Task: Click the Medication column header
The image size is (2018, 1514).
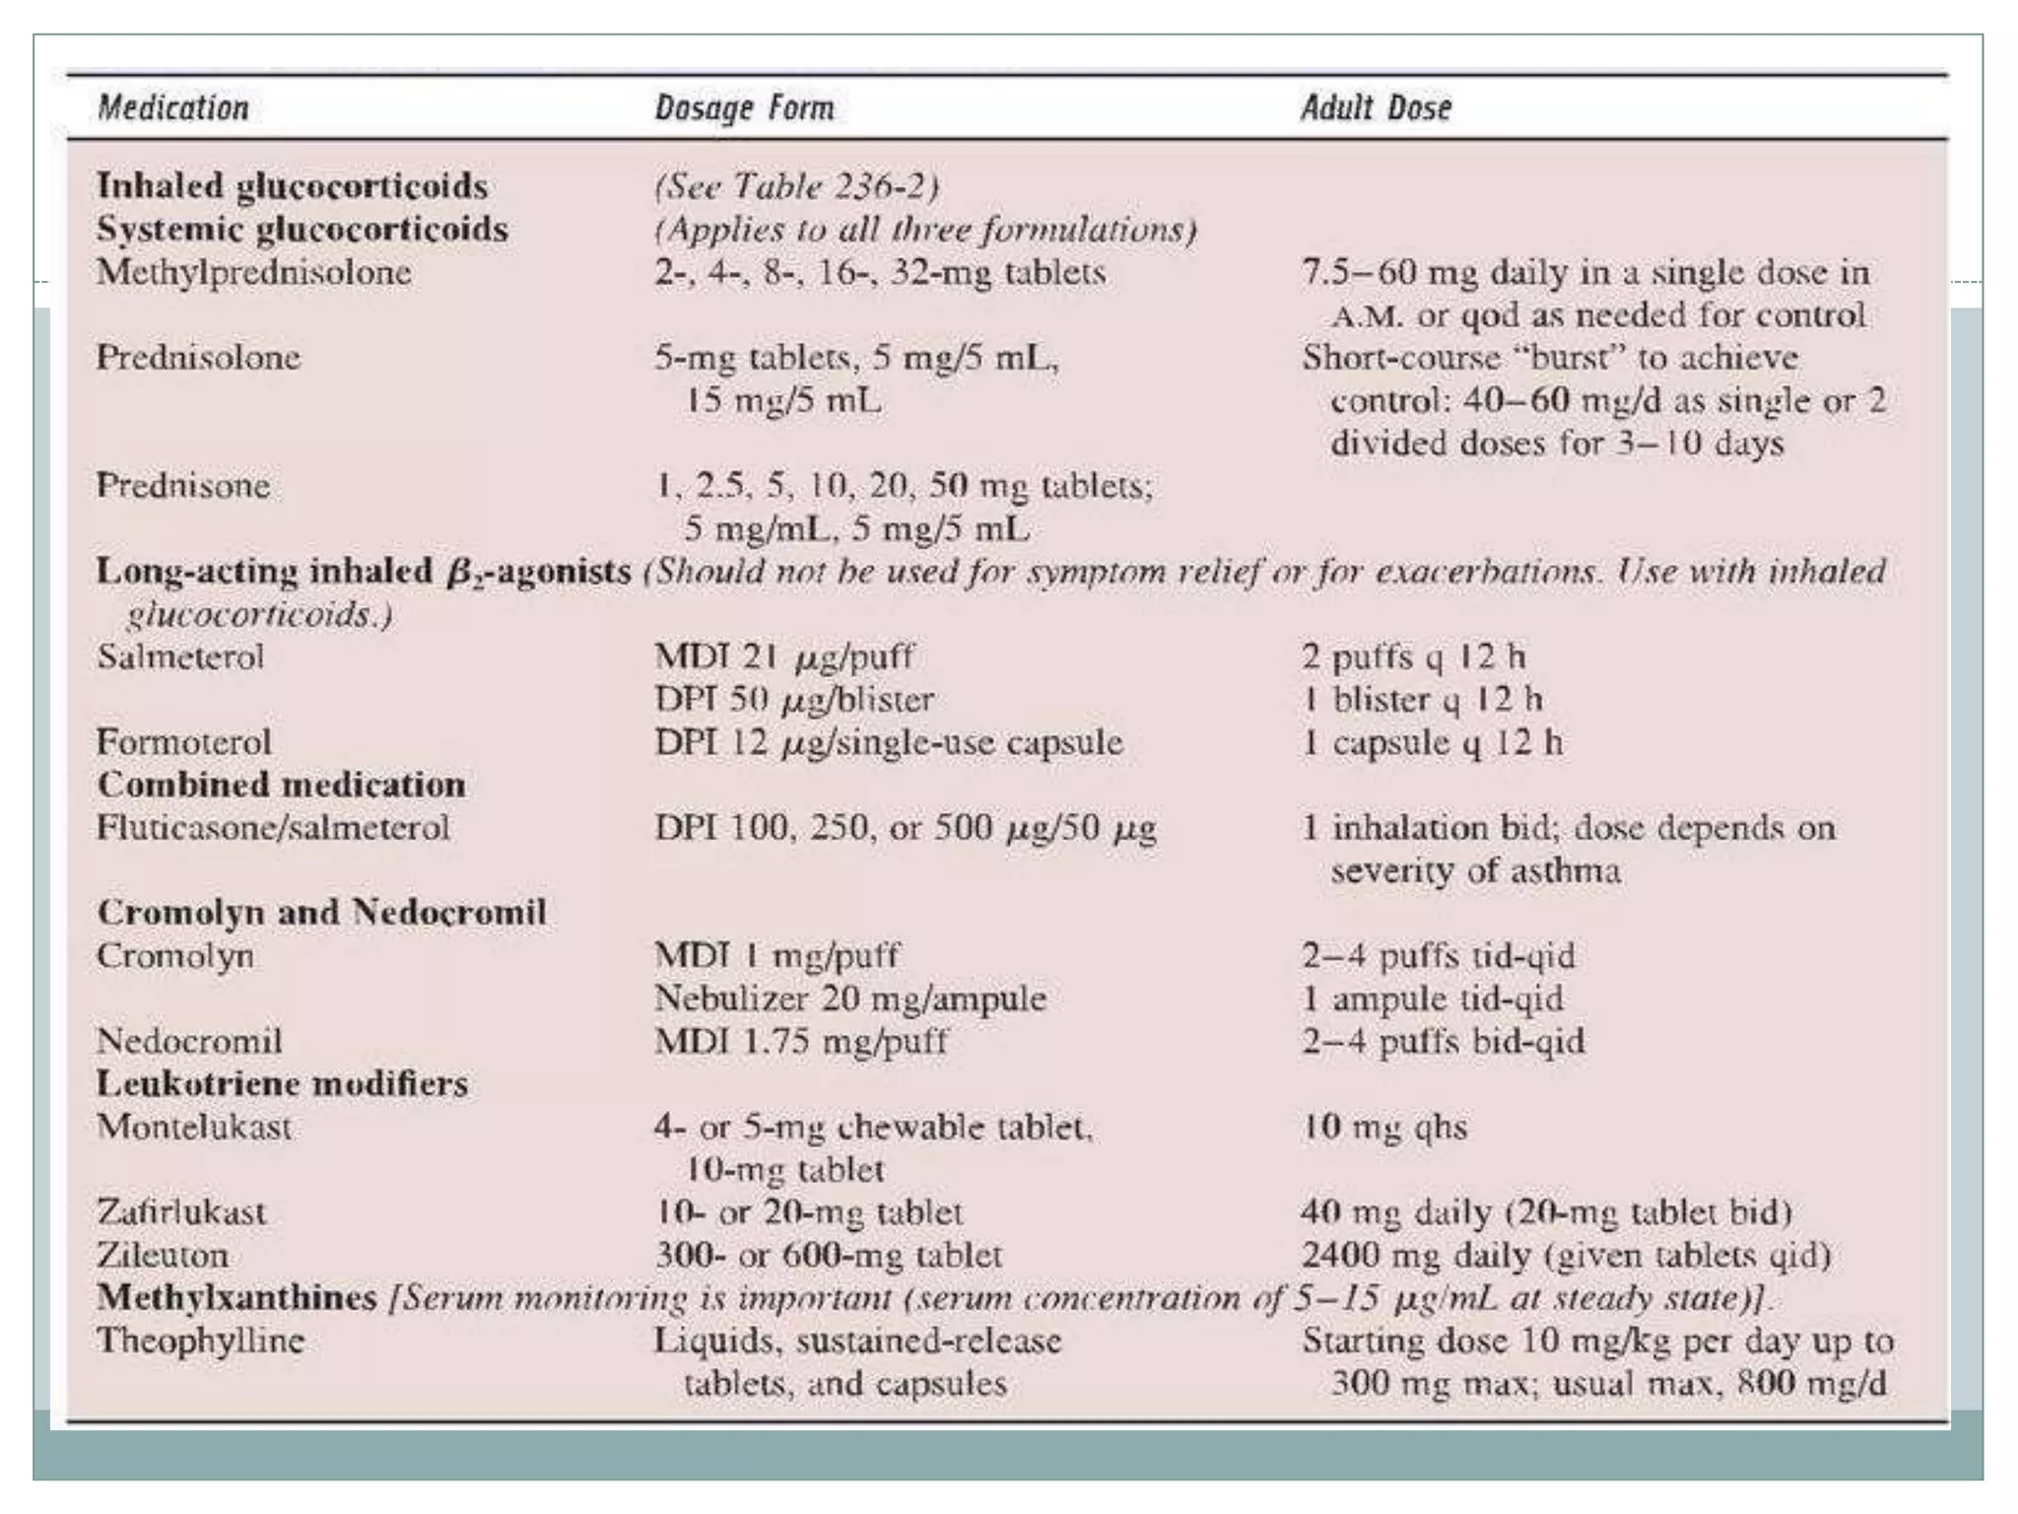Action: pyautogui.click(x=173, y=107)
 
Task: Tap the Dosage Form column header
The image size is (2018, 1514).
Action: pyautogui.click(x=744, y=107)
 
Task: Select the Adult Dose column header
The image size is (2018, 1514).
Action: pyautogui.click(x=1376, y=107)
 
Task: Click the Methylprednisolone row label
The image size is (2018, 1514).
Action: pyautogui.click(x=253, y=272)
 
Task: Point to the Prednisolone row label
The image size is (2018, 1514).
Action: pyautogui.click(x=198, y=357)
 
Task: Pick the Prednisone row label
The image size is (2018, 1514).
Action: pyautogui.click(x=183, y=485)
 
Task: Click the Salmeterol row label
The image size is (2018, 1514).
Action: pyautogui.click(x=180, y=656)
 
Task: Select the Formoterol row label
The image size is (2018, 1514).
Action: pyautogui.click(x=184, y=742)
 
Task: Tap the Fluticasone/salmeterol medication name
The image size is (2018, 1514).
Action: pyautogui.click(x=273, y=827)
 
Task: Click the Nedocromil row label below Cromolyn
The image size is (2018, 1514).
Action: pyautogui.click(x=189, y=1041)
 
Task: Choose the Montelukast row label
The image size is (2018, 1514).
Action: pyautogui.click(x=194, y=1127)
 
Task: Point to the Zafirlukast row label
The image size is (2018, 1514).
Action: pyautogui.click(x=181, y=1211)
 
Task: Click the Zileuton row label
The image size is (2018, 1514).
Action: pyautogui.click(x=163, y=1255)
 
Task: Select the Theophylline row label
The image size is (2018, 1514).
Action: pyautogui.click(x=201, y=1341)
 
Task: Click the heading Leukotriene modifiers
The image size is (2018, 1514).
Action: pyautogui.click(x=282, y=1083)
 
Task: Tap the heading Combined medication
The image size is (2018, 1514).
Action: pyautogui.click(x=282, y=785)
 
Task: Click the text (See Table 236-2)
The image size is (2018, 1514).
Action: pyautogui.click(x=796, y=186)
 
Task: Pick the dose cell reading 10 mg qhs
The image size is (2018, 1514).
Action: pyautogui.click(x=1384, y=1127)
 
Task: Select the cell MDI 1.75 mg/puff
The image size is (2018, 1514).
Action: pyautogui.click(x=800, y=1041)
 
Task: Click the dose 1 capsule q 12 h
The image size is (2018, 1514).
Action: pyautogui.click(x=1432, y=742)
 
